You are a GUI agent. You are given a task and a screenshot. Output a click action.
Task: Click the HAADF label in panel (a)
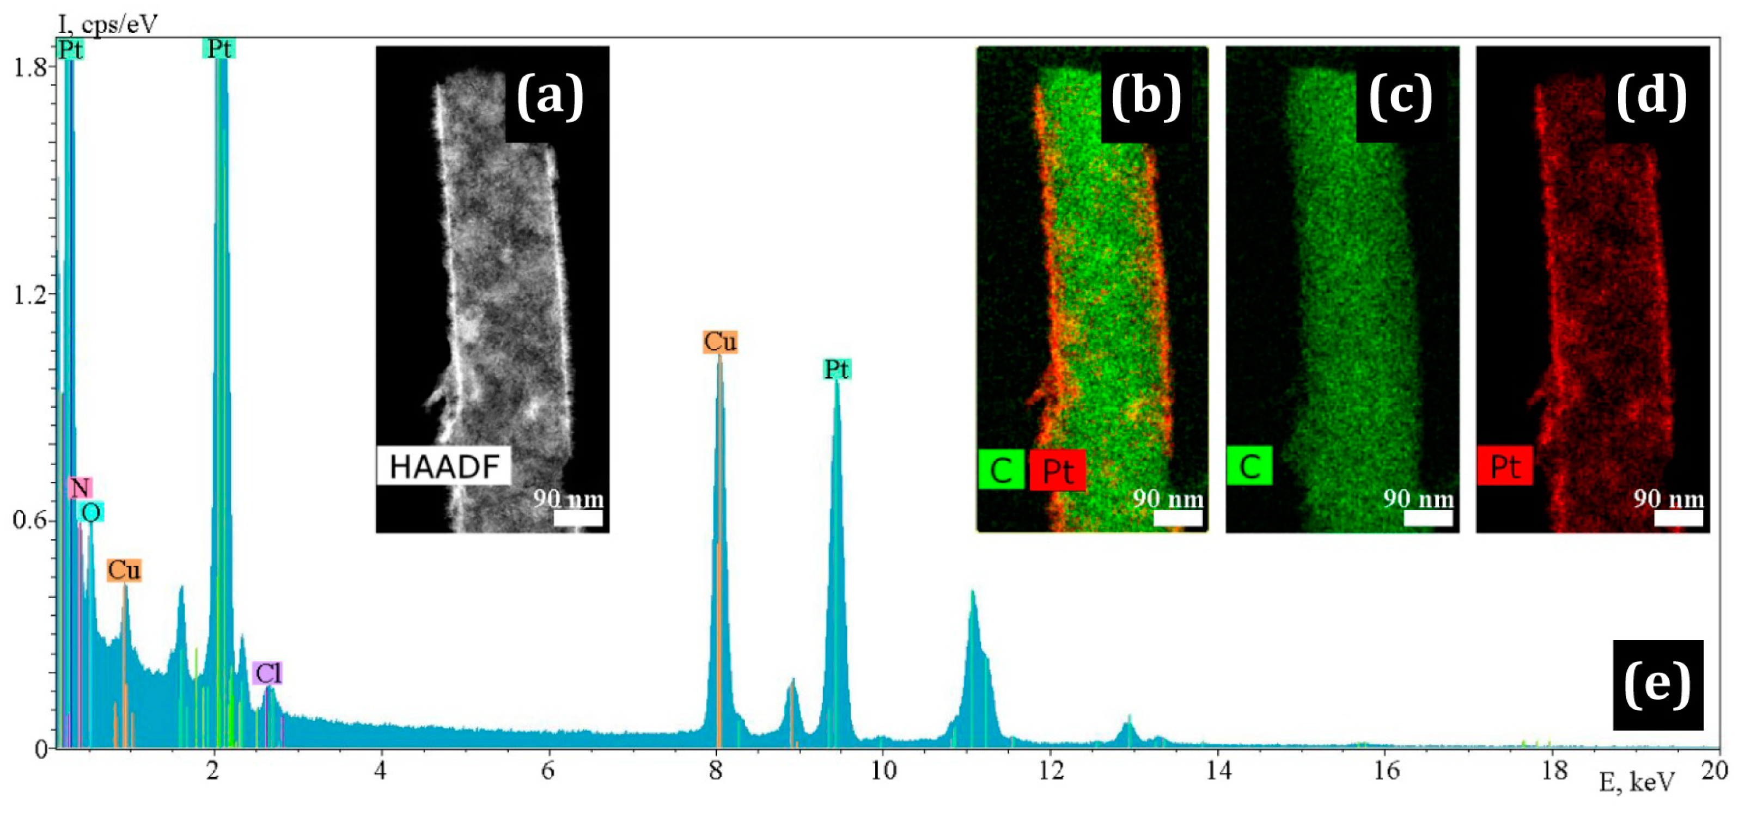(x=443, y=467)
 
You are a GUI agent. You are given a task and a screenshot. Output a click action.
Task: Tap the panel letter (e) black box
(x=1657, y=684)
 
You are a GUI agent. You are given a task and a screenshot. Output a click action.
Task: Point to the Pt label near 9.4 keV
(x=837, y=369)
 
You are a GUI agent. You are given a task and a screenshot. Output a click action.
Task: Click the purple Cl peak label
(x=267, y=673)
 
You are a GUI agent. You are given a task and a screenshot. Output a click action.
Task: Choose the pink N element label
(x=80, y=487)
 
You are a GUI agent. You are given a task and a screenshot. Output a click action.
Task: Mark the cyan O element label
(x=90, y=512)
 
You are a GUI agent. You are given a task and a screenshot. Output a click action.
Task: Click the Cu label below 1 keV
(x=124, y=570)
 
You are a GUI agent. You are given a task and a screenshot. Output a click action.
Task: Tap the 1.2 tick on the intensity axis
(x=30, y=295)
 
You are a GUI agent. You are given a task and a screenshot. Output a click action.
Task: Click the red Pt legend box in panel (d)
(x=1504, y=466)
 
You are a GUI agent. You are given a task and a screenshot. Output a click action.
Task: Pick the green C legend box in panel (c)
(x=1249, y=466)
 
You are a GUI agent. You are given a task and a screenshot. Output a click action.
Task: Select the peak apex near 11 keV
(x=973, y=593)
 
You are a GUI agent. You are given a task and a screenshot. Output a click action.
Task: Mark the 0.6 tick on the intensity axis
(x=30, y=520)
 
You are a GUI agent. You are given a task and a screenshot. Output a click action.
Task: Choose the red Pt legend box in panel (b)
(x=1057, y=470)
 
